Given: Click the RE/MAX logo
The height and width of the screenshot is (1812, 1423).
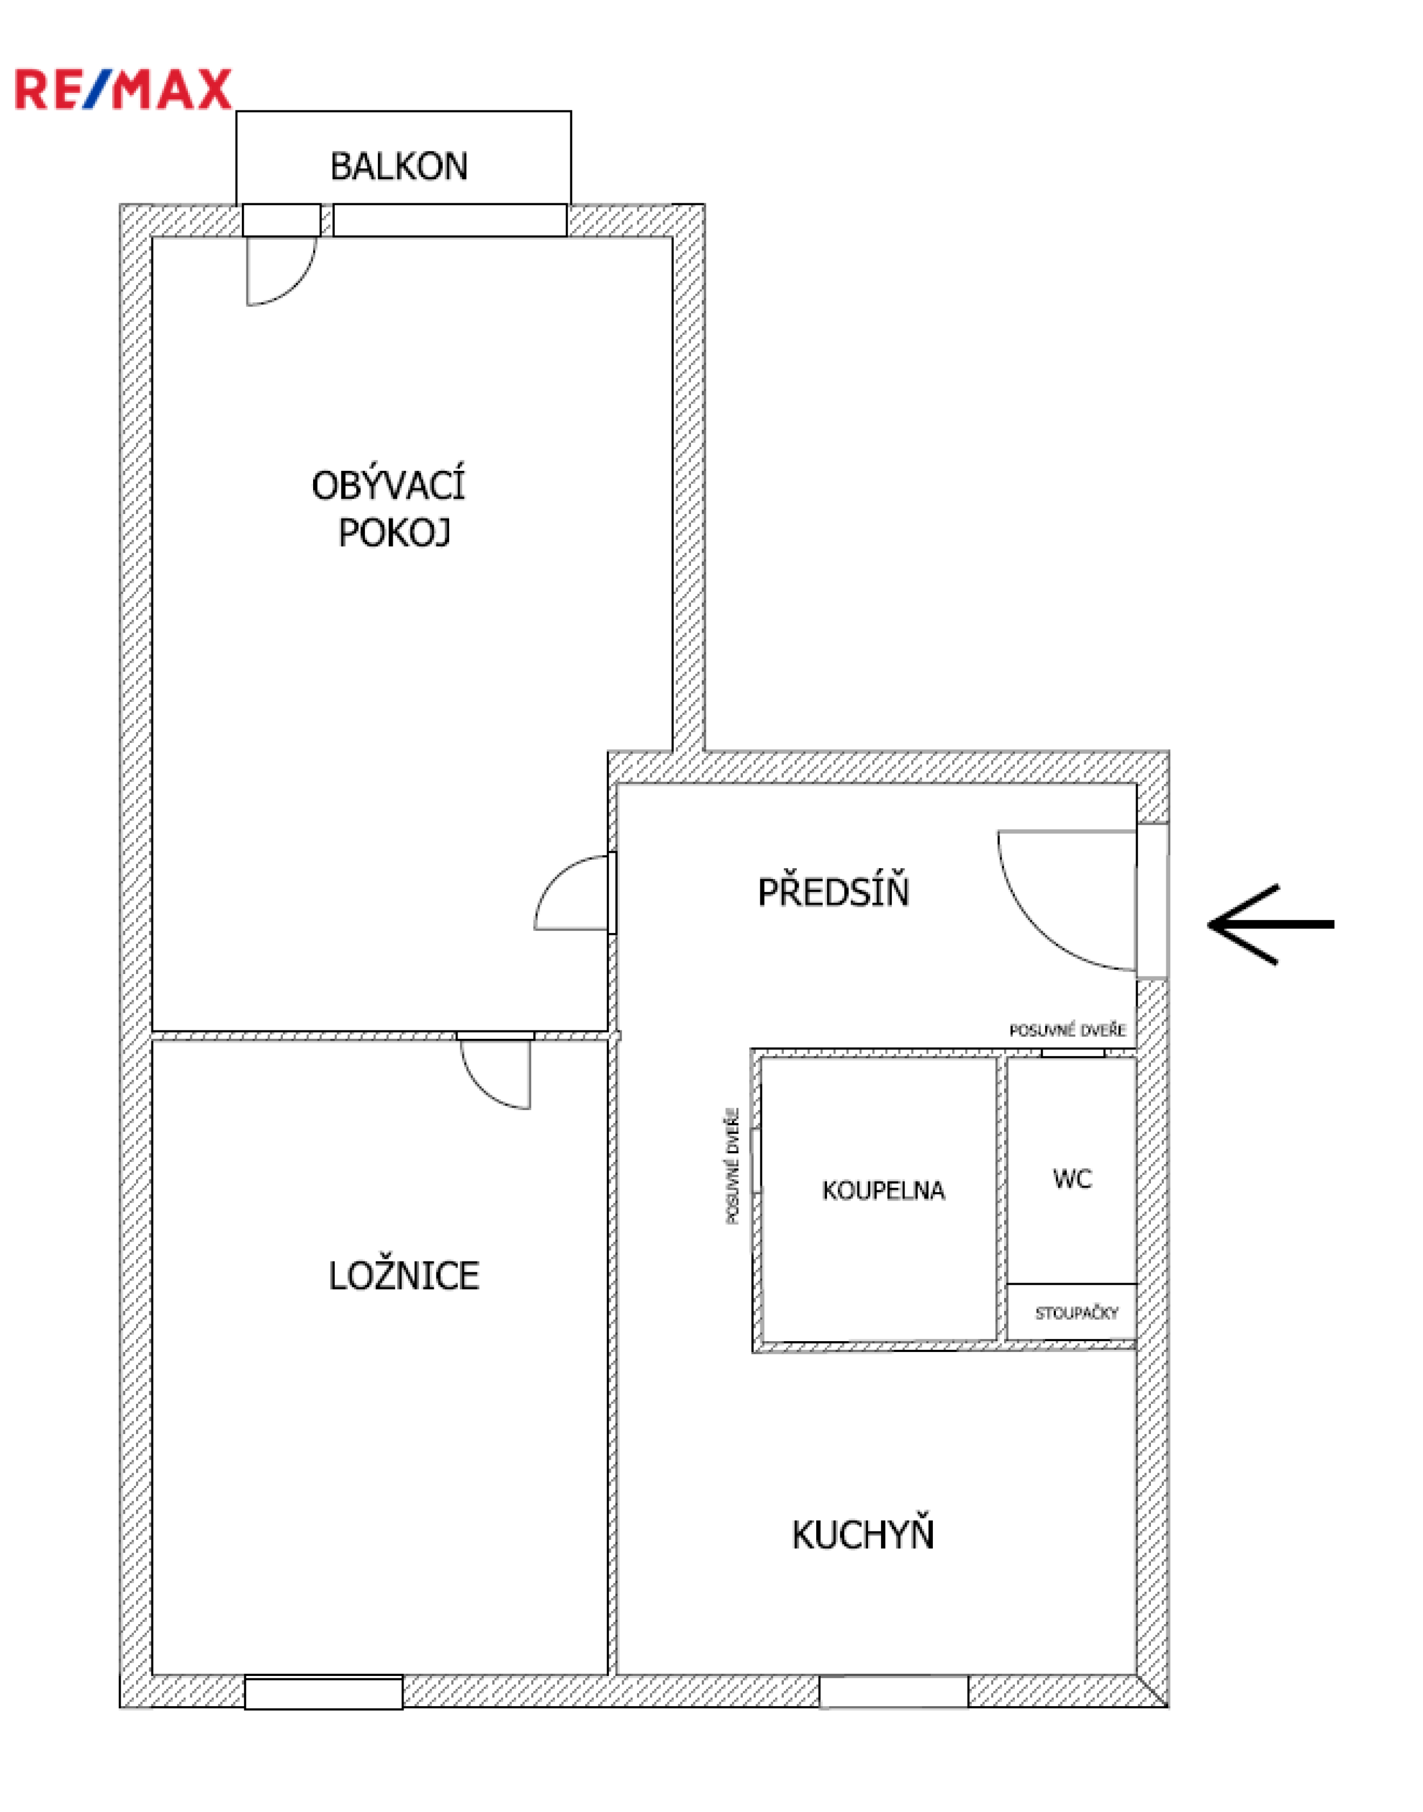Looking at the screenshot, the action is (124, 90).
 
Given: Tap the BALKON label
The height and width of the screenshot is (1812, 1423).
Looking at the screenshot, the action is (399, 167).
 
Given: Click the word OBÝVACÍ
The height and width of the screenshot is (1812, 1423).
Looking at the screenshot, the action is (388, 485).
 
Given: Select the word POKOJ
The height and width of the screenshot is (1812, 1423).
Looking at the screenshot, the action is (394, 532).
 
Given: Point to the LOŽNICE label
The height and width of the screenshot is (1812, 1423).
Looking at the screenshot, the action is (404, 1276).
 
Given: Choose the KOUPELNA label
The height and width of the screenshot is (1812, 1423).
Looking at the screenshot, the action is (884, 1190).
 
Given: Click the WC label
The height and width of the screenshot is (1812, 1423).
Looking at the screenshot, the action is (1072, 1179).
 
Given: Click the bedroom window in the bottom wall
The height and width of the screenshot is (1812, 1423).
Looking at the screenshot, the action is (323, 1692).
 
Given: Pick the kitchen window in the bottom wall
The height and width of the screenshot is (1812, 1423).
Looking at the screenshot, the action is (894, 1692).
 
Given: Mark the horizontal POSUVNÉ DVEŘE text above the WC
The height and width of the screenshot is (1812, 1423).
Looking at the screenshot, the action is (1067, 1030).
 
